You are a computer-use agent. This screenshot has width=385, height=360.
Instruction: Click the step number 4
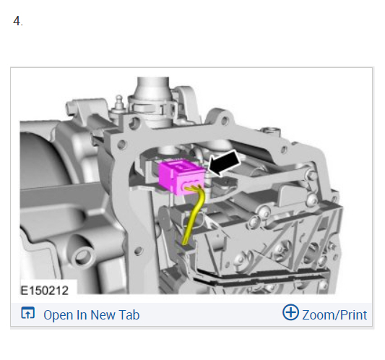coord(18,21)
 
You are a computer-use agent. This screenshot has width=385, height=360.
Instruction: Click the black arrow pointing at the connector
coord(225,163)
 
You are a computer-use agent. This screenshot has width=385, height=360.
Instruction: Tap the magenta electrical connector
coord(181,176)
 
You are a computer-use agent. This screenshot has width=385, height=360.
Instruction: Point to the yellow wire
coord(194,214)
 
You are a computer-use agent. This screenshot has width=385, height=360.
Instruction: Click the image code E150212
coord(45,291)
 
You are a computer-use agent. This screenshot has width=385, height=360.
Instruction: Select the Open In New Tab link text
coord(91,314)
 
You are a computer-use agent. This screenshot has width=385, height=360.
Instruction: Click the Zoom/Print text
coord(334,315)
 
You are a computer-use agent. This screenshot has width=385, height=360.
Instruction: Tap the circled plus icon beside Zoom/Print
coord(290,312)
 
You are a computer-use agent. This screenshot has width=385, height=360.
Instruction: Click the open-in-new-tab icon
coord(28,313)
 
